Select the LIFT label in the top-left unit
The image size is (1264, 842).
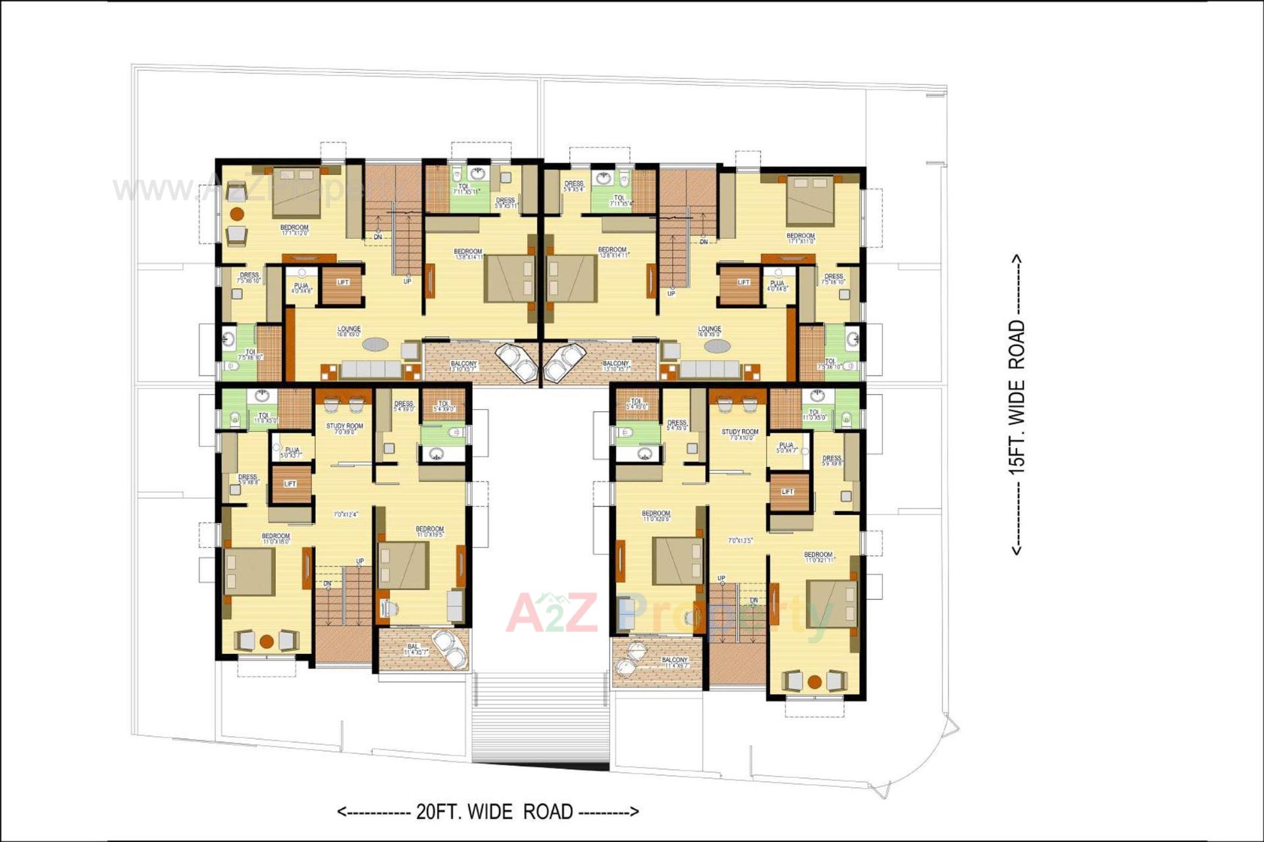(343, 282)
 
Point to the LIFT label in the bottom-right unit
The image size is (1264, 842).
(787, 491)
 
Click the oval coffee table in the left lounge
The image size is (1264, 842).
(376, 344)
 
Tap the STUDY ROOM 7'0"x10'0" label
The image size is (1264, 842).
(740, 434)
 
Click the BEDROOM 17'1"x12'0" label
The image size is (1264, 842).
(294, 230)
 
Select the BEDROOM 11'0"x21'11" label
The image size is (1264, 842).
(818, 557)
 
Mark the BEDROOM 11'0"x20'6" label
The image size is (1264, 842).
(656, 515)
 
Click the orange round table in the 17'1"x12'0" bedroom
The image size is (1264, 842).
(237, 214)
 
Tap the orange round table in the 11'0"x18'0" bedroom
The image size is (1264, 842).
(266, 641)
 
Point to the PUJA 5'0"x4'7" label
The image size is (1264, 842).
(786, 447)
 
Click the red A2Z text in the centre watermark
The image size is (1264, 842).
(552, 612)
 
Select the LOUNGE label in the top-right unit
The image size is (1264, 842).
(710, 331)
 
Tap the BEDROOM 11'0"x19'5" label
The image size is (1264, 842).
(429, 532)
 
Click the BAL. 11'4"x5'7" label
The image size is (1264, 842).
(414, 649)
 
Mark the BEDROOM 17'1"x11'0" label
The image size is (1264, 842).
(801, 237)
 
